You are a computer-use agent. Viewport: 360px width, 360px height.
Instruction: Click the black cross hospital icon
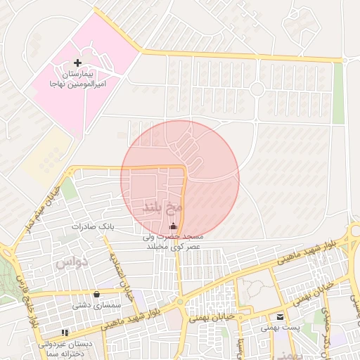pos(77,63)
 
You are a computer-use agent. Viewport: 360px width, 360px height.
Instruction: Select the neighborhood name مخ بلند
pos(162,208)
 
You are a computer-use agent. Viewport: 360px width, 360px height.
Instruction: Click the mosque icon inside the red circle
pos(174,226)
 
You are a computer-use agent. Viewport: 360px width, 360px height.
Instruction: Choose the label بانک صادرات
pos(92,228)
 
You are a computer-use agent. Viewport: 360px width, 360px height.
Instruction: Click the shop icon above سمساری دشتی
pos(96,295)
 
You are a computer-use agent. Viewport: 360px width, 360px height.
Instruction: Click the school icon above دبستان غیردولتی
pos(65,332)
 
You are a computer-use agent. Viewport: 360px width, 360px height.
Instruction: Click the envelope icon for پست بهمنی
pos(280,317)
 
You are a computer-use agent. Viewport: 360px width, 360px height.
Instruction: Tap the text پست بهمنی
pos(276,328)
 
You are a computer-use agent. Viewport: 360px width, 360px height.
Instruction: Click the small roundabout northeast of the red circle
pos(257,89)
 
